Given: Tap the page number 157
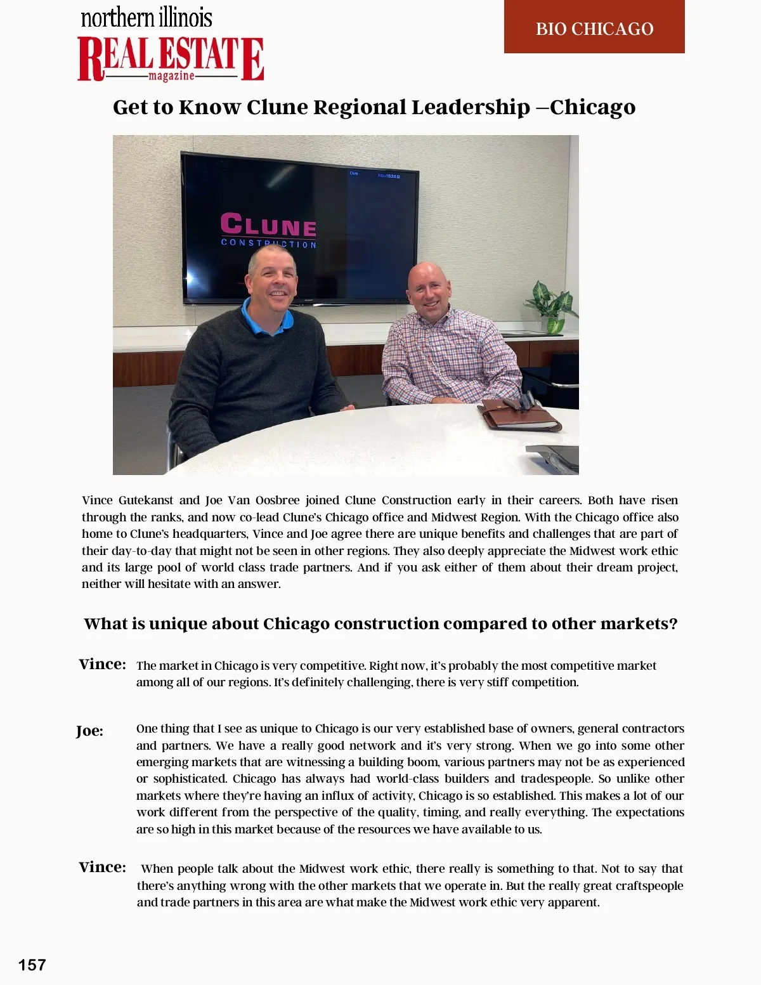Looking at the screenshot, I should (32, 965).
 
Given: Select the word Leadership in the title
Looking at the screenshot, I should (470, 107).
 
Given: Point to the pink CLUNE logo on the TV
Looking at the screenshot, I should (268, 225).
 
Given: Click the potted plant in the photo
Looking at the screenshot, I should (552, 305).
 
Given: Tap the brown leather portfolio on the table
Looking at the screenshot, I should (519, 414).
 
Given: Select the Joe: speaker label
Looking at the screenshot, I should (89, 731).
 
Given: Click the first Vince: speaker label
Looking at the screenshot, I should (102, 664).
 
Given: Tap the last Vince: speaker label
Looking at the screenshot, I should (102, 867).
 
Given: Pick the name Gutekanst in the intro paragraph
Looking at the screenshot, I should (145, 500).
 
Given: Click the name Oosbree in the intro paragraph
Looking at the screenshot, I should (276, 500).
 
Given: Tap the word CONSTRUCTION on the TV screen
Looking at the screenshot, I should (268, 243).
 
